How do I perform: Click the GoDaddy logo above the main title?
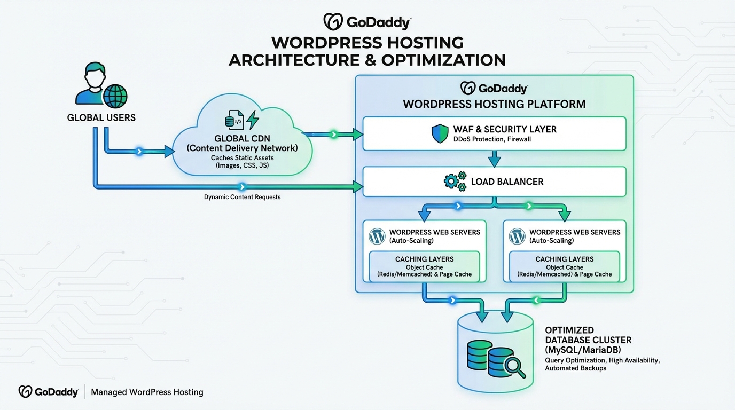click(x=366, y=22)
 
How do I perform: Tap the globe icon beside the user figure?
click(x=115, y=96)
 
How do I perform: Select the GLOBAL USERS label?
click(x=101, y=117)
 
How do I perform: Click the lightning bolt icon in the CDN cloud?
click(x=252, y=120)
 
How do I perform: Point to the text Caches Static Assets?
click(x=242, y=157)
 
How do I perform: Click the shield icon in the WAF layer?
click(x=440, y=134)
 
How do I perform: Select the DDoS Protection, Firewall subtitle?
click(x=492, y=139)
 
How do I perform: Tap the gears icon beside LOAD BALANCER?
click(x=455, y=182)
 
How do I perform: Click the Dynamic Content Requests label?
click(x=242, y=197)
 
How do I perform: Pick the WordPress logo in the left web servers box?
click(x=377, y=236)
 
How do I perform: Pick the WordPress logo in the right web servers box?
click(x=517, y=236)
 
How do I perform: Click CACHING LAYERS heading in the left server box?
click(x=424, y=259)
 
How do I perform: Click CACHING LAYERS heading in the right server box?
click(x=564, y=259)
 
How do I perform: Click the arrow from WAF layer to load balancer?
click(x=494, y=159)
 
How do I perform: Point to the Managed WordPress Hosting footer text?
click(x=147, y=392)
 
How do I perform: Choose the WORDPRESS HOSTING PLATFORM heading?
click(x=494, y=104)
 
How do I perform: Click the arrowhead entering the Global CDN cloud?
click(x=169, y=152)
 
